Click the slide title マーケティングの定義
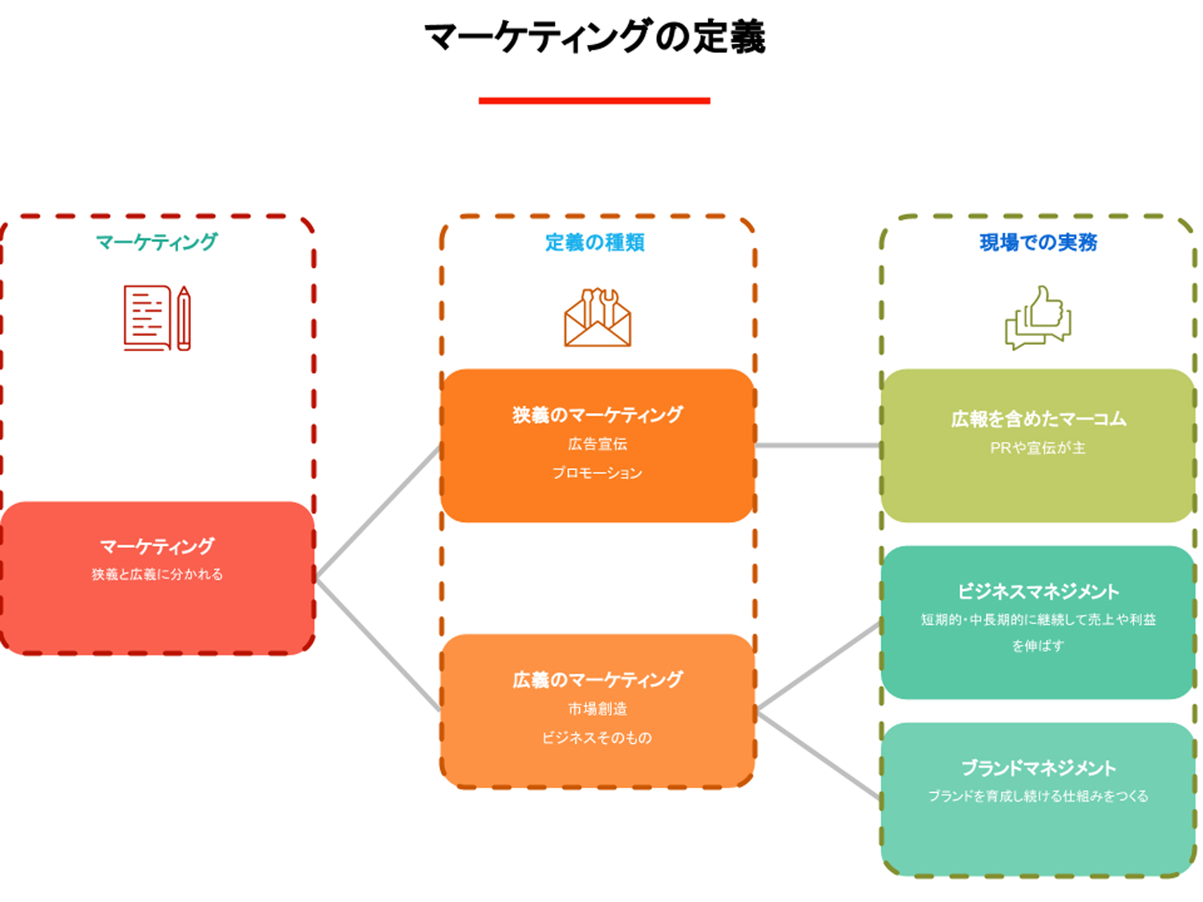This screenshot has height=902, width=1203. point(594,37)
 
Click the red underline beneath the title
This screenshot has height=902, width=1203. point(594,100)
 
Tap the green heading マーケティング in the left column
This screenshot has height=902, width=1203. point(156,241)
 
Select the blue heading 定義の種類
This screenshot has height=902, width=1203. point(595,242)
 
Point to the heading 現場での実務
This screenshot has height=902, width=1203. point(1038,242)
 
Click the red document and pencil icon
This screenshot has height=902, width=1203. point(157,318)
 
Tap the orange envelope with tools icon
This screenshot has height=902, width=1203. point(597,318)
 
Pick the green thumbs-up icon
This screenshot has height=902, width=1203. point(1038,318)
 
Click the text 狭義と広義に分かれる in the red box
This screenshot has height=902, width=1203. point(157,574)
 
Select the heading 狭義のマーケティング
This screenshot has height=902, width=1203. point(597,415)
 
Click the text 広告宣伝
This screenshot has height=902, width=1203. point(597,444)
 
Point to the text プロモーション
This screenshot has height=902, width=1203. point(597,473)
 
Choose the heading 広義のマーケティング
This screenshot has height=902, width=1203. point(597,680)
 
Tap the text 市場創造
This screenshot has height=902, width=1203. point(597,709)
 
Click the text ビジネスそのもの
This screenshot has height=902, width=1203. point(597,738)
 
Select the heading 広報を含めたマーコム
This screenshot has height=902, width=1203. point(1038,419)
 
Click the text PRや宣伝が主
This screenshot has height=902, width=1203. point(1038,448)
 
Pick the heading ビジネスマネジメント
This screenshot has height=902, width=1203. point(1038,592)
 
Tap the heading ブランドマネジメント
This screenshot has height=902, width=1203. point(1038,768)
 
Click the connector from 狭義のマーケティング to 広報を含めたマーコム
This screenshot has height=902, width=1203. point(818,445)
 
